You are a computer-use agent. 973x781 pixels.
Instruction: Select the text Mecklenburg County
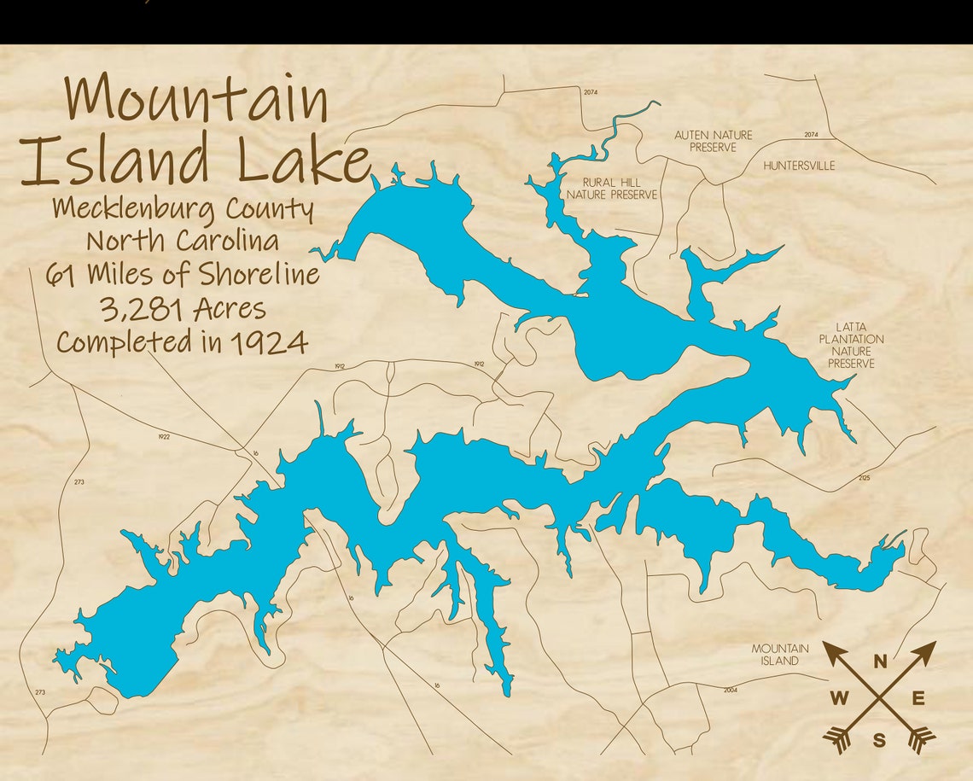(183, 208)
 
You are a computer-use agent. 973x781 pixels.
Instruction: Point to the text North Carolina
(183, 241)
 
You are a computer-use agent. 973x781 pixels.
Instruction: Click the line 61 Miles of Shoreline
(183, 274)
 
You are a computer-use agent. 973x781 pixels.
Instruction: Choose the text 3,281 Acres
(183, 308)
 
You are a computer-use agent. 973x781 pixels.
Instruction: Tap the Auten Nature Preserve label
(713, 141)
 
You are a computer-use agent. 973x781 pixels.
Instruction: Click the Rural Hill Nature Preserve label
(612, 189)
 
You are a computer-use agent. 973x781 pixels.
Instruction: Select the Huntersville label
(799, 166)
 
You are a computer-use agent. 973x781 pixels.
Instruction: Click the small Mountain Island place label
(780, 655)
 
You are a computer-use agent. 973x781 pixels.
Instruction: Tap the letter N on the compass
(879, 660)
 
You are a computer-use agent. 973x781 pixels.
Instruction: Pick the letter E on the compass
(918, 699)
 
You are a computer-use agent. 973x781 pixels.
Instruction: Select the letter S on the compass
(879, 739)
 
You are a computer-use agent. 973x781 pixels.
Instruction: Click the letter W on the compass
(839, 699)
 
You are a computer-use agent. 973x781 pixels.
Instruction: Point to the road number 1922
(164, 437)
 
